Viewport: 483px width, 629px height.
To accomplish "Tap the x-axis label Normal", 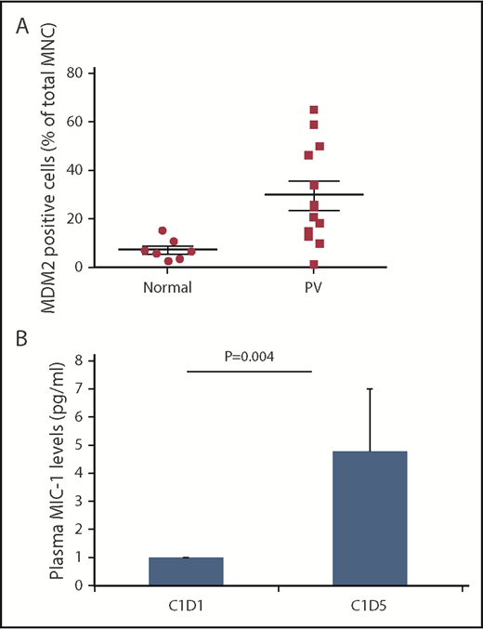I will pos(167,287).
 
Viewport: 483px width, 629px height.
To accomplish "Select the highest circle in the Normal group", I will pos(163,230).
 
